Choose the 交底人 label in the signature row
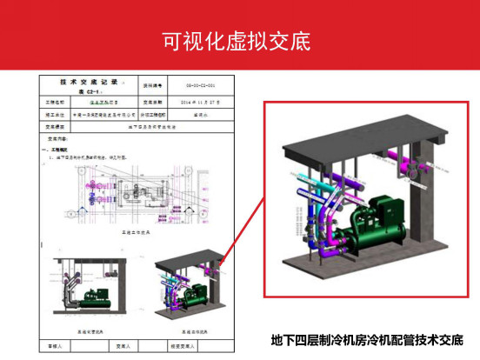point(117,344)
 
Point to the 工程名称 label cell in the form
point(56,102)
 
